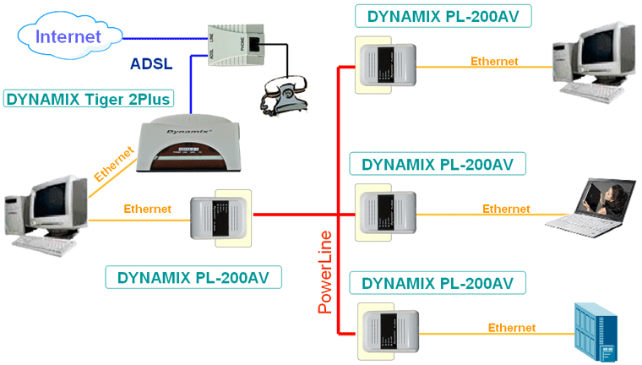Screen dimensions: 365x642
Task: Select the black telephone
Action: pos(285,90)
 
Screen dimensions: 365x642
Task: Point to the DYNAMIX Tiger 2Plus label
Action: pos(89,99)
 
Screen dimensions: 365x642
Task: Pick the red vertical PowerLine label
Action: pos(325,271)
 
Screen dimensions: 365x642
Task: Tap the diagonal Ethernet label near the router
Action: pos(114,166)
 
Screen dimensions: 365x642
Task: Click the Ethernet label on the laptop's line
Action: pos(506,209)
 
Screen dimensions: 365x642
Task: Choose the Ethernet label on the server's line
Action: pos(511,328)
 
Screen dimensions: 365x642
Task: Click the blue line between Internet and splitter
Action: pos(160,37)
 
